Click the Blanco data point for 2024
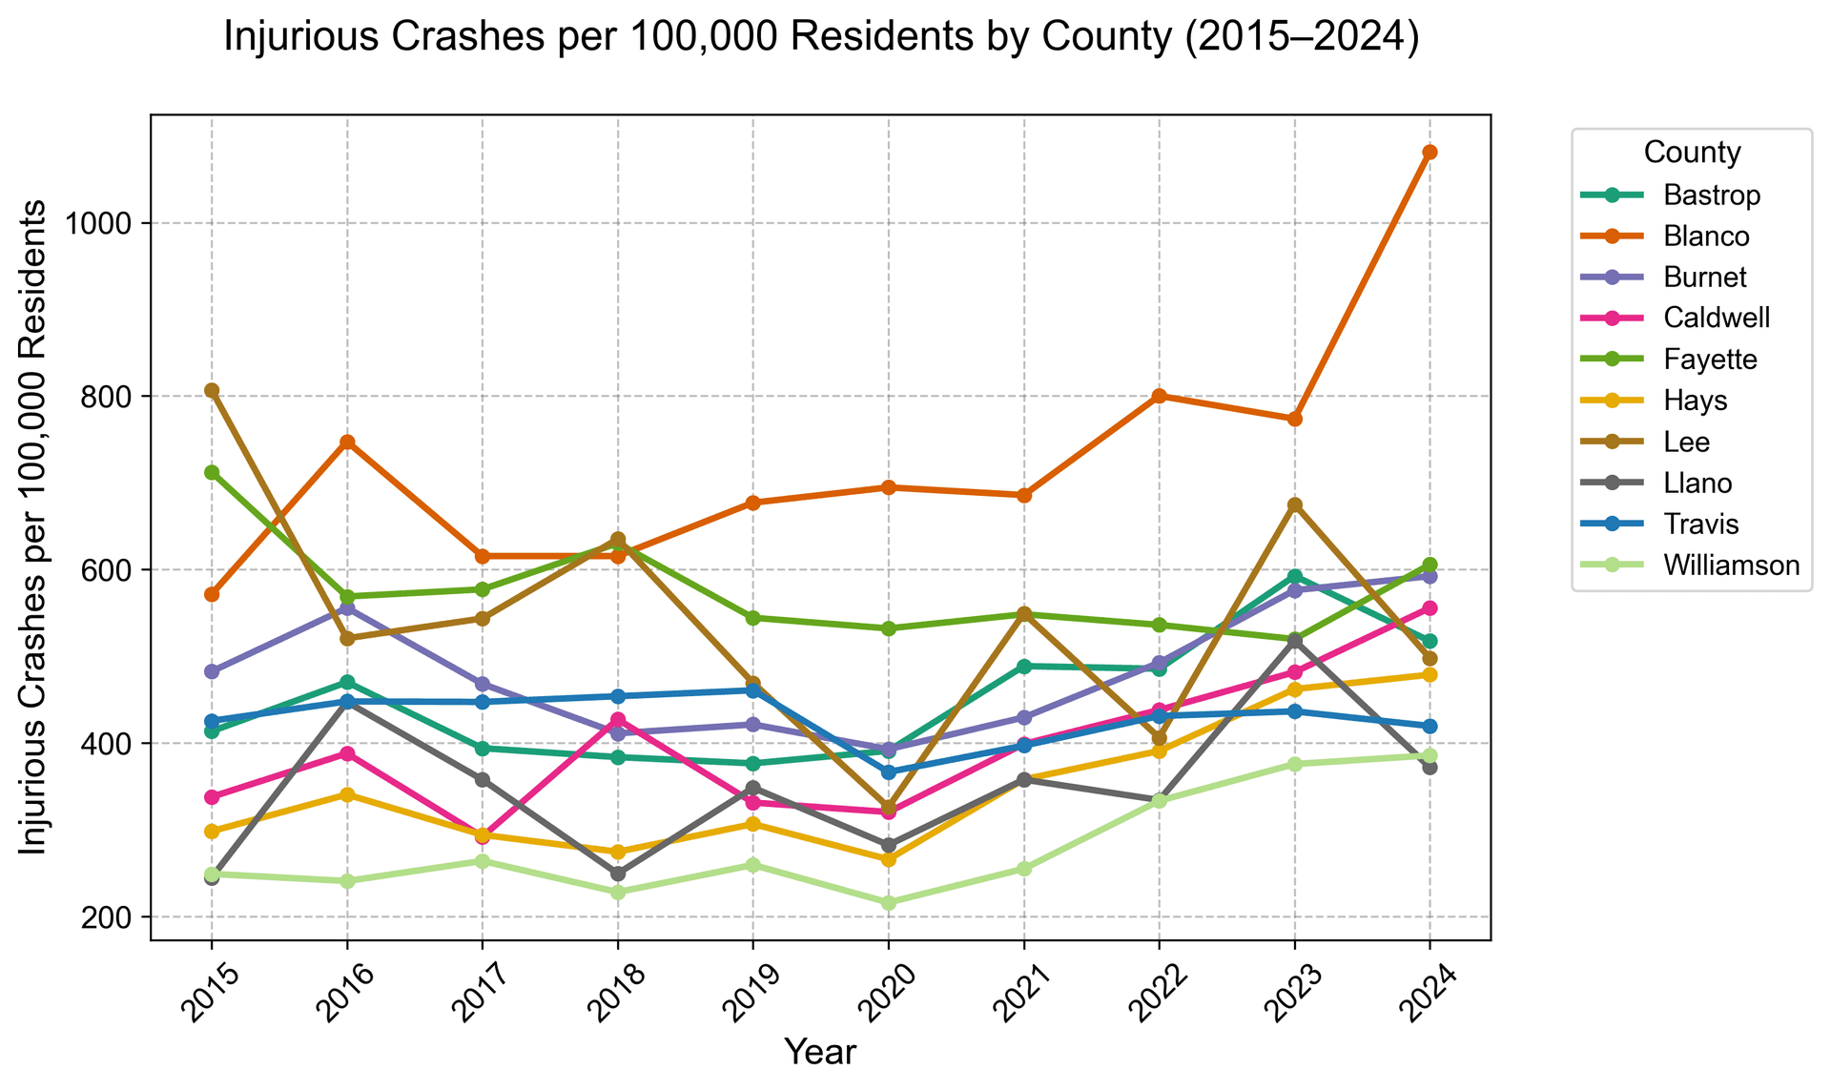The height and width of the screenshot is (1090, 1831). pos(1430,153)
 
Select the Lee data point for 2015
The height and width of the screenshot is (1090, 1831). pos(212,390)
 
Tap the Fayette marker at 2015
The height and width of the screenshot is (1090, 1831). pos(212,472)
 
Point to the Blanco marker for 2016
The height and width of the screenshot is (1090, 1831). pos(347,442)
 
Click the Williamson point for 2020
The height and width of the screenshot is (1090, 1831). pos(888,902)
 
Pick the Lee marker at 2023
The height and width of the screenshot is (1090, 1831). pos(1294,504)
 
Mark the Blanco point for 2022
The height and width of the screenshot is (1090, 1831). pos(1159,396)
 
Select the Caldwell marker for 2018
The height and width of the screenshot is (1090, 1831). pos(618,719)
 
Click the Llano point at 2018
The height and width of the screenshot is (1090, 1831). pos(618,874)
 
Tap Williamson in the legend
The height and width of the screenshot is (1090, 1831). pos(1731,566)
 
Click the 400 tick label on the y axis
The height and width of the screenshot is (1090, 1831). pos(118,744)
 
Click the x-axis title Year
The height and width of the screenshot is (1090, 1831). pos(819,1053)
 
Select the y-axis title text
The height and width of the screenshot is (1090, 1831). pos(34,527)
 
